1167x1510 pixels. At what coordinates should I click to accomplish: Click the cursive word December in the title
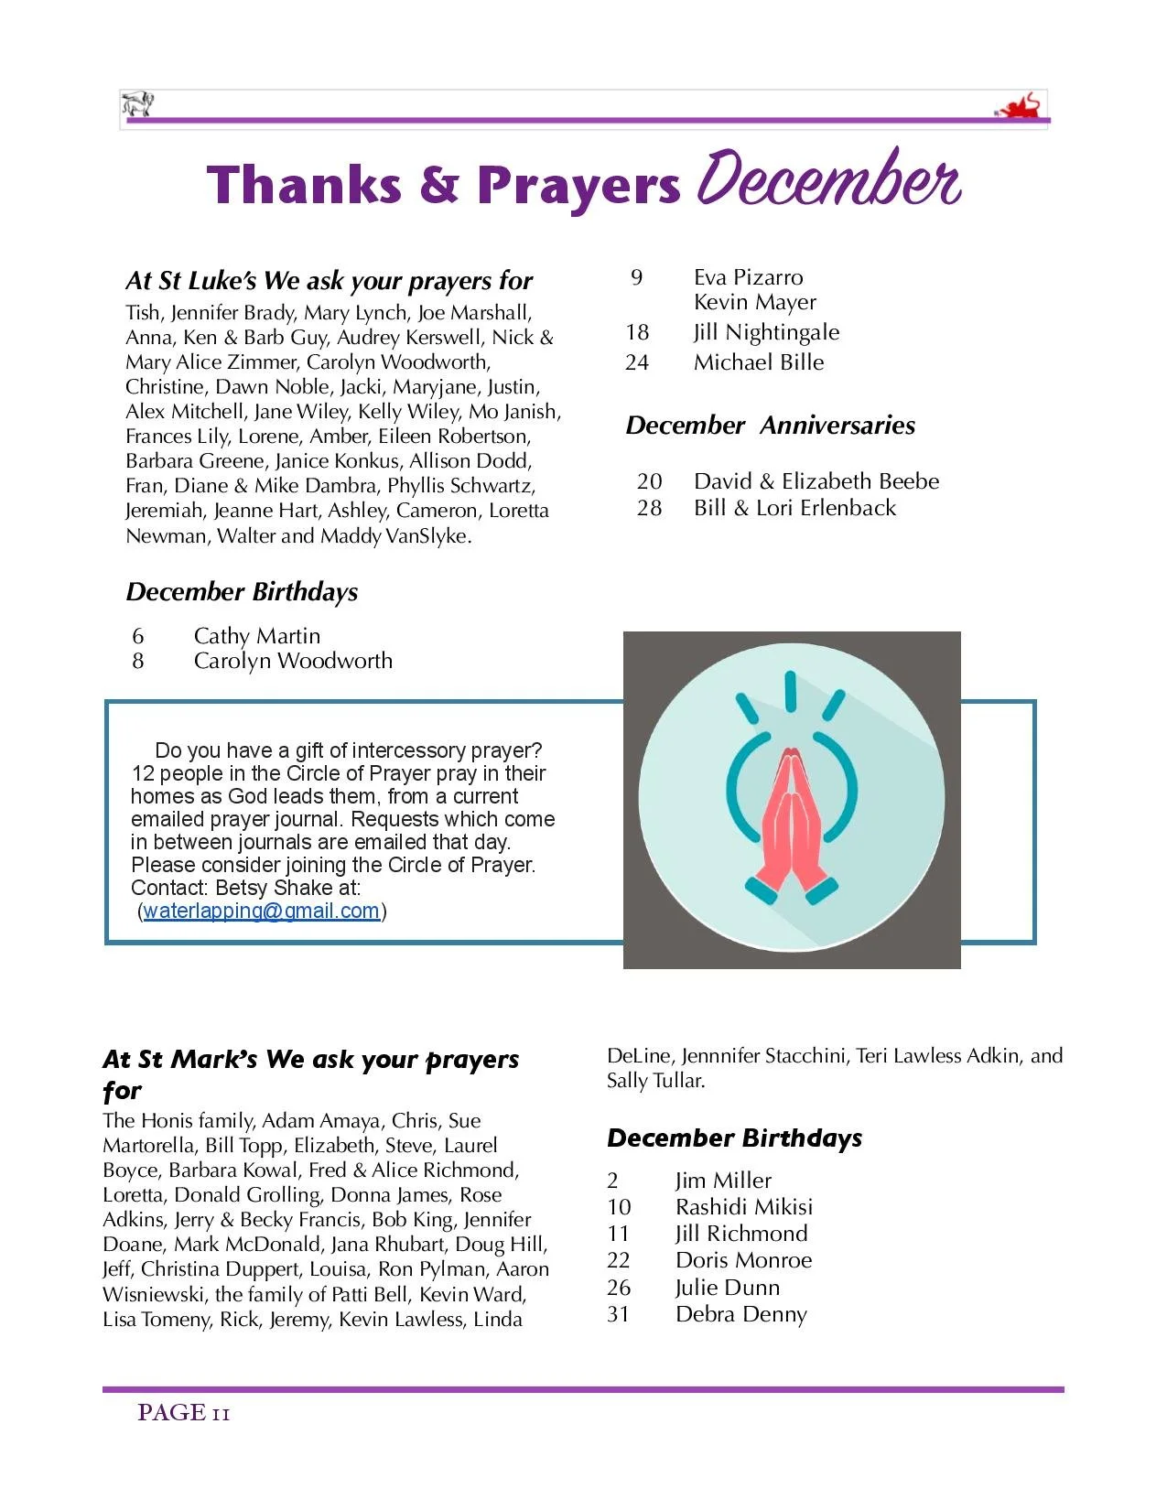[827, 179]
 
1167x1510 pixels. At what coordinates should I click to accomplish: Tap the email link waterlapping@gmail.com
[262, 911]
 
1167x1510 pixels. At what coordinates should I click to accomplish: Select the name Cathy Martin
[256, 636]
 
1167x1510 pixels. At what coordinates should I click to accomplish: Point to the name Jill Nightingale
[765, 332]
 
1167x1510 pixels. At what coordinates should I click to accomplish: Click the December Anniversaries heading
[770, 426]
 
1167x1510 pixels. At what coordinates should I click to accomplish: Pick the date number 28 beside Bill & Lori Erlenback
[649, 508]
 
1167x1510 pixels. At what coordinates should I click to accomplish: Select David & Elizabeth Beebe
[816, 481]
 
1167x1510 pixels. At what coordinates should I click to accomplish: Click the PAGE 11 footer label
[183, 1413]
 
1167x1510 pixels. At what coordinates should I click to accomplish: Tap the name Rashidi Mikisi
[743, 1207]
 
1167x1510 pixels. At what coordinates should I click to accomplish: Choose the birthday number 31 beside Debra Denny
[618, 1314]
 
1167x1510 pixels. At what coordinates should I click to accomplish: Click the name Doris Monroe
[743, 1260]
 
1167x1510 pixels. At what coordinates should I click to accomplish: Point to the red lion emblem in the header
[1020, 107]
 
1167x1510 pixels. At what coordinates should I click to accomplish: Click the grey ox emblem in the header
[138, 104]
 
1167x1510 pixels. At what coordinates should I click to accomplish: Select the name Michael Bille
[758, 362]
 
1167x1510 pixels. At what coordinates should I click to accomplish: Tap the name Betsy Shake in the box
[274, 888]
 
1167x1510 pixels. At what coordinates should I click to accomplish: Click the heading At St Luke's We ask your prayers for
[329, 281]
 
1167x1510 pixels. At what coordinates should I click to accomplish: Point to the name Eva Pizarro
[748, 277]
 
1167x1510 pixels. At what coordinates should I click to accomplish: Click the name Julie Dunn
[727, 1288]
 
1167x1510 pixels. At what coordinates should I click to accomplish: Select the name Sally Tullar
[655, 1081]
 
